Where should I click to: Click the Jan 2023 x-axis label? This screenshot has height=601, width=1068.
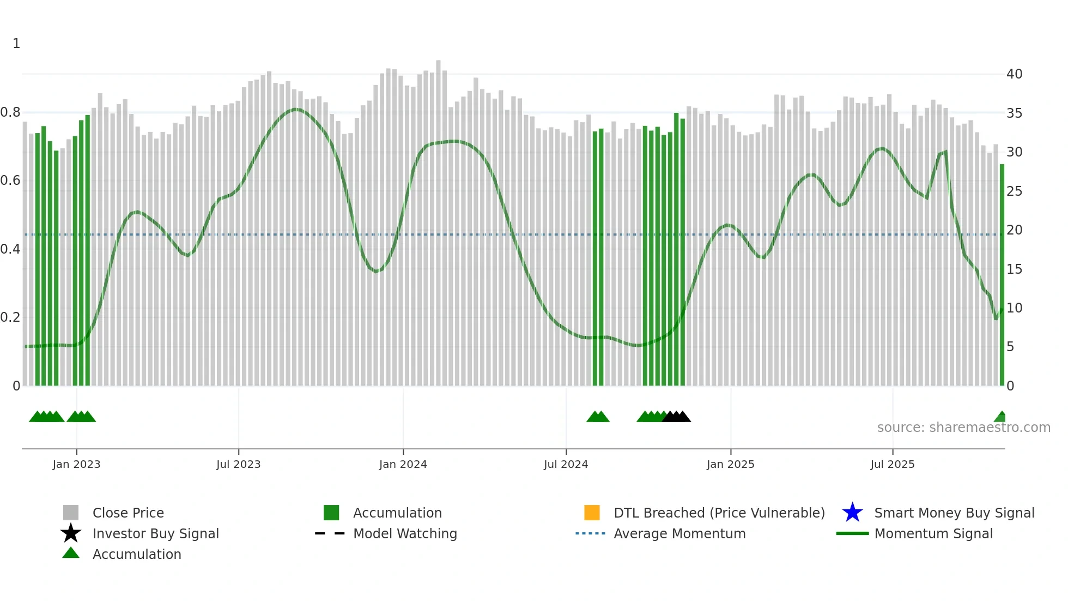(x=76, y=464)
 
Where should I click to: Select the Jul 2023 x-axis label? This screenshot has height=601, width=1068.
(x=238, y=464)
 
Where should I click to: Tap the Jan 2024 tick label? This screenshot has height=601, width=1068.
(x=403, y=464)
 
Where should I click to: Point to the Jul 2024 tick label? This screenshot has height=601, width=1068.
(x=566, y=464)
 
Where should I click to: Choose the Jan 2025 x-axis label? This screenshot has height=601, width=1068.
(x=730, y=464)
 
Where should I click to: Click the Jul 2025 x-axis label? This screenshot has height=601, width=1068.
(x=892, y=464)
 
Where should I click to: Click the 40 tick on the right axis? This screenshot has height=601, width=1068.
(x=1014, y=74)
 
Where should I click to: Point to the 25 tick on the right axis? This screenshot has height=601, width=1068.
(x=1014, y=191)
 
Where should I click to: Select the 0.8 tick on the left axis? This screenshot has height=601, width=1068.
(x=10, y=113)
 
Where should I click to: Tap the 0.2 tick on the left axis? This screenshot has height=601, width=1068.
(x=10, y=317)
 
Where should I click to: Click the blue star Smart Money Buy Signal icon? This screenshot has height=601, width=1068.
(x=852, y=513)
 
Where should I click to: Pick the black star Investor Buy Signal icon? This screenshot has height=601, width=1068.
(x=71, y=533)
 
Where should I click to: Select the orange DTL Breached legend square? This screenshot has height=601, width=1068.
(x=592, y=513)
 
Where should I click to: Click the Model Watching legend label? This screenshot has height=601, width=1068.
(x=405, y=533)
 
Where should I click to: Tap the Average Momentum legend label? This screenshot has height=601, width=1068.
(x=679, y=533)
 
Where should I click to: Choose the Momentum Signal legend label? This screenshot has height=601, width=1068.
(x=933, y=533)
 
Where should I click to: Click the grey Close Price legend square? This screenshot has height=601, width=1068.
(x=71, y=513)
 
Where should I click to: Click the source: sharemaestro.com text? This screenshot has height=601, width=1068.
(x=963, y=428)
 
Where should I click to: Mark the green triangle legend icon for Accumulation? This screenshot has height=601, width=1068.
(x=71, y=553)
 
